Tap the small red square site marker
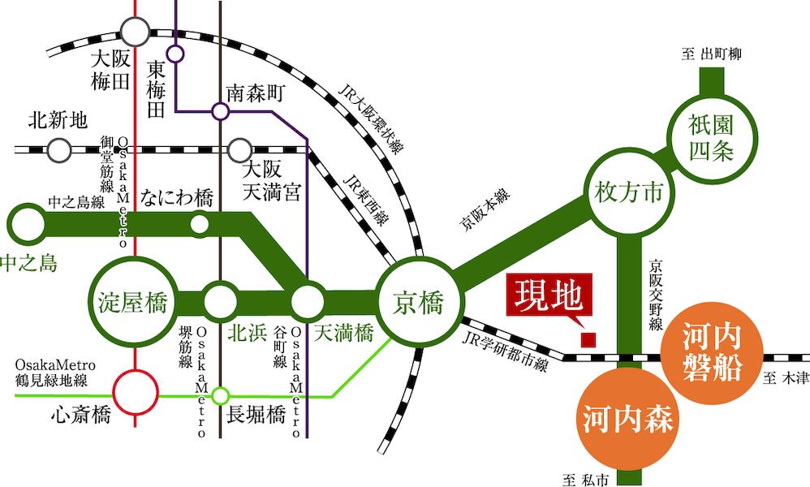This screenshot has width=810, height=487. [x=588, y=339]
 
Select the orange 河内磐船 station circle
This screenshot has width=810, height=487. [x=712, y=353]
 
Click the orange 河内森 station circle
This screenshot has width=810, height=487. [x=627, y=418]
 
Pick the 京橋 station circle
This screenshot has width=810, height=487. [x=419, y=301]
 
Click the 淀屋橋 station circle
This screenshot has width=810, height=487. [x=133, y=302]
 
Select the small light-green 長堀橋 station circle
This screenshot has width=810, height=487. [x=221, y=395]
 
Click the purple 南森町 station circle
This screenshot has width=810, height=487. [x=221, y=111]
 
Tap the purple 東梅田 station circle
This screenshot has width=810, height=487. [x=175, y=54]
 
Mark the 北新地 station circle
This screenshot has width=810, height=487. [x=59, y=150]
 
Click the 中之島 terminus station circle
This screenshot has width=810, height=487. [x=28, y=224]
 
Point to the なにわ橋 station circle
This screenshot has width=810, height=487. [x=200, y=224]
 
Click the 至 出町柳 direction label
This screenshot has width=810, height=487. [x=711, y=54]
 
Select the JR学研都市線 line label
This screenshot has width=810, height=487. [x=505, y=352]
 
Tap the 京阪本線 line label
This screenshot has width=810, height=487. [x=485, y=209]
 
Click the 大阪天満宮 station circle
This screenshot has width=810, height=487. [x=240, y=150]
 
